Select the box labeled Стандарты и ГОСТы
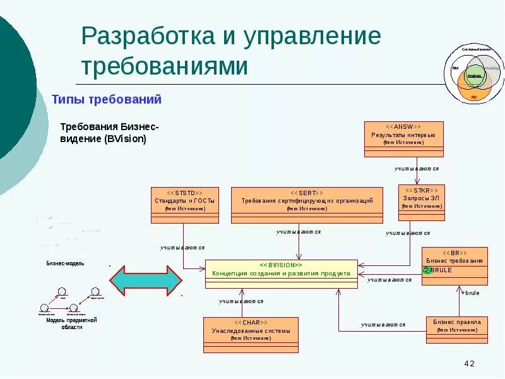185,205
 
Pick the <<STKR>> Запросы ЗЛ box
421,202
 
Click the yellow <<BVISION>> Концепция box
282,274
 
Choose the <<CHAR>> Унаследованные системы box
251,334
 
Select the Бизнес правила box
456,329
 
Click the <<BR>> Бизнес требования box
454,265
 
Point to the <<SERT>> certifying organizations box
307,205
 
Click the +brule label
470,293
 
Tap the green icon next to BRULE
427,270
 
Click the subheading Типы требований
107,100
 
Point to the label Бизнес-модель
65,263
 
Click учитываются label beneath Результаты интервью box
416,169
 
